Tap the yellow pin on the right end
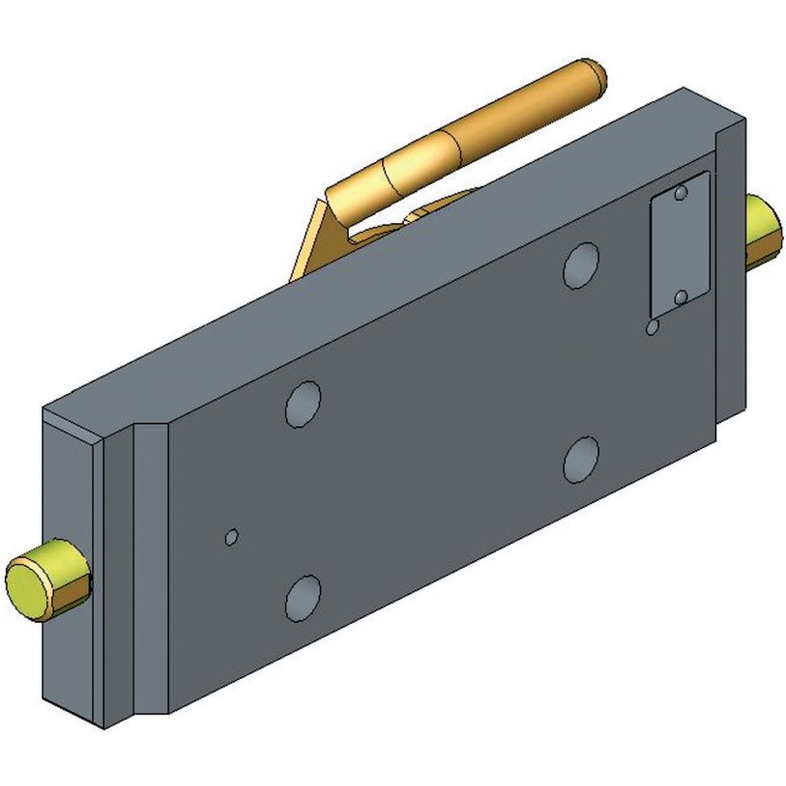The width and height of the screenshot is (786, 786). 762,232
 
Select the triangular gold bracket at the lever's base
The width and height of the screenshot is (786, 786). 312,241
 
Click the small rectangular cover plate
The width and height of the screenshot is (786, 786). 679,246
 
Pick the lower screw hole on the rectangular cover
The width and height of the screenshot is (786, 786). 681,296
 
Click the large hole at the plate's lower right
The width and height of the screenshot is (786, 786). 582,459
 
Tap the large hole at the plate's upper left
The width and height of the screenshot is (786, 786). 302,403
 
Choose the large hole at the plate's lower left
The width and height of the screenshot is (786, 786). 303,596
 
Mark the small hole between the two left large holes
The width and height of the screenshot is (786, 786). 232,536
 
